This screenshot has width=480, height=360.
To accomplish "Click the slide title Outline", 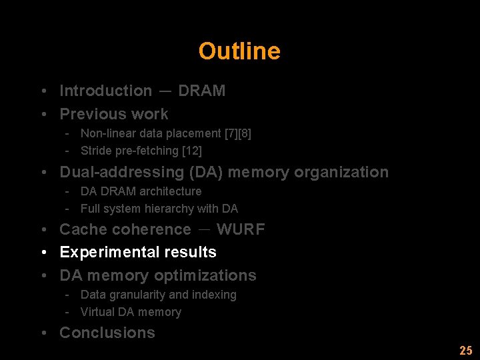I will point(239,51).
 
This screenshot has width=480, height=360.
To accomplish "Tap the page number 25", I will point(465,351).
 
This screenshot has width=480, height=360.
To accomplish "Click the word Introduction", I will point(106,91).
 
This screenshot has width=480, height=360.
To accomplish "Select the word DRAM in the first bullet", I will point(201,91).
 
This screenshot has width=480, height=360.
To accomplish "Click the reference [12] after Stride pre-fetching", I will point(192,151).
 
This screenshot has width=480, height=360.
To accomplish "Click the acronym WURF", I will point(241,229).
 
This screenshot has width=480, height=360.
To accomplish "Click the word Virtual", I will point(97,312).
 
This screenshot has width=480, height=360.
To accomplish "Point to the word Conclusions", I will point(107,333).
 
